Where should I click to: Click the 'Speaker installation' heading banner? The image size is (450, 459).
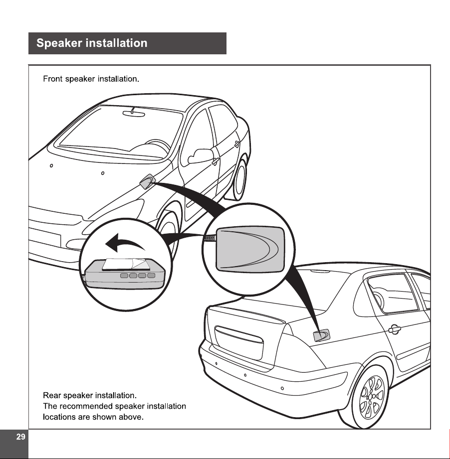point(127,43)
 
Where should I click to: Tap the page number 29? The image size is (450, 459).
point(20,437)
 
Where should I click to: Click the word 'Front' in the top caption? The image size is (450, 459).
point(53,79)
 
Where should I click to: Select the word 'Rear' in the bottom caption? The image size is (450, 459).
point(52,396)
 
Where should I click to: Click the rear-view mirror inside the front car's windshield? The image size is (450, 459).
point(134,113)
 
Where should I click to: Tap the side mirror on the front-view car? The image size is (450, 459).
point(200,155)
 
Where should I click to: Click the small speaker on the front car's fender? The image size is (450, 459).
point(147,181)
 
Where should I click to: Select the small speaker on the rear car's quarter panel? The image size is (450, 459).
point(321,335)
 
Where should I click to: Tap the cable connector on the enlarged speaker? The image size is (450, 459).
point(210,238)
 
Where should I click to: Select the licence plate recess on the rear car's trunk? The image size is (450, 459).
point(239,342)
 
